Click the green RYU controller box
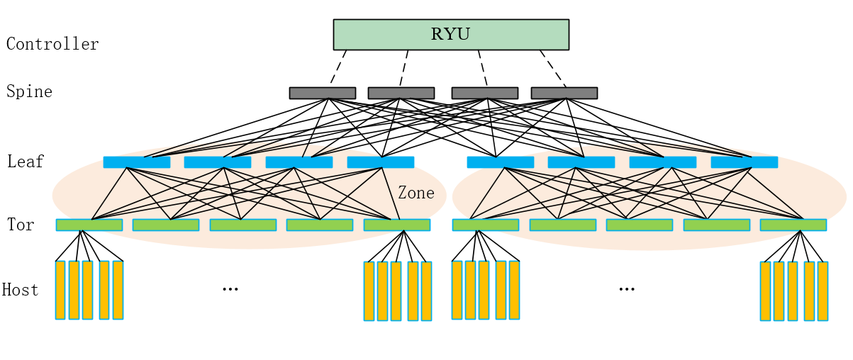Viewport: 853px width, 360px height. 451,35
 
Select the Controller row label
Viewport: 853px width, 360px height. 52,44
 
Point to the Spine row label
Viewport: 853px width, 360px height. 29,91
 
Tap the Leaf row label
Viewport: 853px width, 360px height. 26,162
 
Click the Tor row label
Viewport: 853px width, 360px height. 21,225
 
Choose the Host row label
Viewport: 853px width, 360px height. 20,290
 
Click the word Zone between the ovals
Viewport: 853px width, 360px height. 416,193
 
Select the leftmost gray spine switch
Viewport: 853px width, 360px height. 322,93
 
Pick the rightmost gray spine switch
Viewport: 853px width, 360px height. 564,93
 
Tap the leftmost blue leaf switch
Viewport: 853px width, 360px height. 137,162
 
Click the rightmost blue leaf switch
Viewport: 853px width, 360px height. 744,162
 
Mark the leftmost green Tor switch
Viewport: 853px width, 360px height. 89,225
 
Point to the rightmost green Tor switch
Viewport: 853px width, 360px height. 793,225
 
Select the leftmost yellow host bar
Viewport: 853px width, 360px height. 60,290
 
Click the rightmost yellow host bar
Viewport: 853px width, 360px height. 823,291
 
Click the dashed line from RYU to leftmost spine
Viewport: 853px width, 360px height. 338,68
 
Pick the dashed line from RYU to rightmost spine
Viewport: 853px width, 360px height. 553,68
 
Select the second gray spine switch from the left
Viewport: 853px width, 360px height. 401,93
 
